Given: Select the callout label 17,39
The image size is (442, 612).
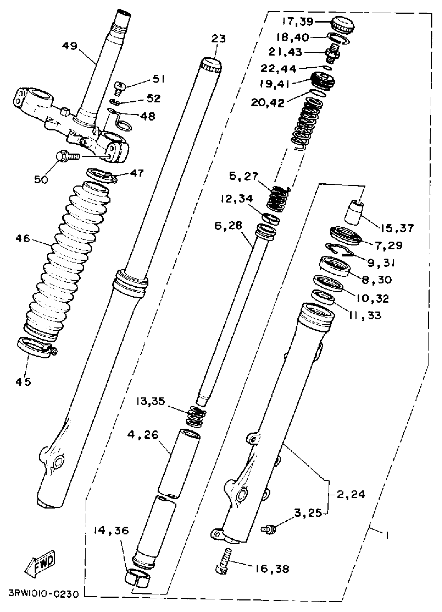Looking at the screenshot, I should pos(298,22).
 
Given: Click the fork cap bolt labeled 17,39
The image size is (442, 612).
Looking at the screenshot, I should pos(343,25).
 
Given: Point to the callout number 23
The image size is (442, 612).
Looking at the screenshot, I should pos(218,39).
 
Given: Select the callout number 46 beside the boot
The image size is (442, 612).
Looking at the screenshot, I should pos(23,238).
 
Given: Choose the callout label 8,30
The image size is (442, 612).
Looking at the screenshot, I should pos(376,280).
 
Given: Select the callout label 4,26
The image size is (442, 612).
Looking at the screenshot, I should pos(143,435).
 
